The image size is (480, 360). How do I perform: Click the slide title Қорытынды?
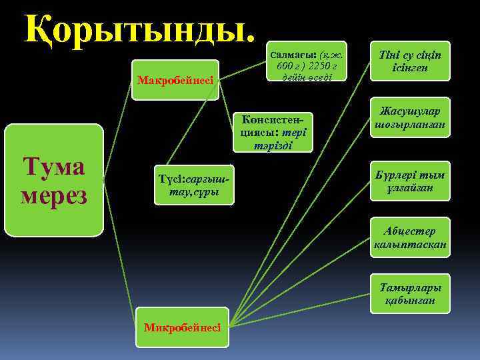pyautogui.click(x=140, y=28)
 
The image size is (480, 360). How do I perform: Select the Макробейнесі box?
pyautogui.click(x=175, y=80)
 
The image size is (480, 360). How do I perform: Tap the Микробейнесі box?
pyautogui.click(x=182, y=327)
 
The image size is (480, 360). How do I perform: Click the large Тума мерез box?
pyautogui.click(x=54, y=180)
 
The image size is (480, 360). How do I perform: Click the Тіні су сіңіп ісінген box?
pyautogui.click(x=410, y=61)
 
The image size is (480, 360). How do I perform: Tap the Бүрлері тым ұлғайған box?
pyautogui.click(x=410, y=181)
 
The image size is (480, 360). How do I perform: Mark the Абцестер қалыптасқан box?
pyautogui.click(x=410, y=238)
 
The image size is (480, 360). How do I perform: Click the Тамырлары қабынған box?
pyautogui.click(x=410, y=294)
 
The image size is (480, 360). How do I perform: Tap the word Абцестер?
pyautogui.click(x=410, y=231)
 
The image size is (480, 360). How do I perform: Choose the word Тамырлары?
pyautogui.click(x=410, y=288)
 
